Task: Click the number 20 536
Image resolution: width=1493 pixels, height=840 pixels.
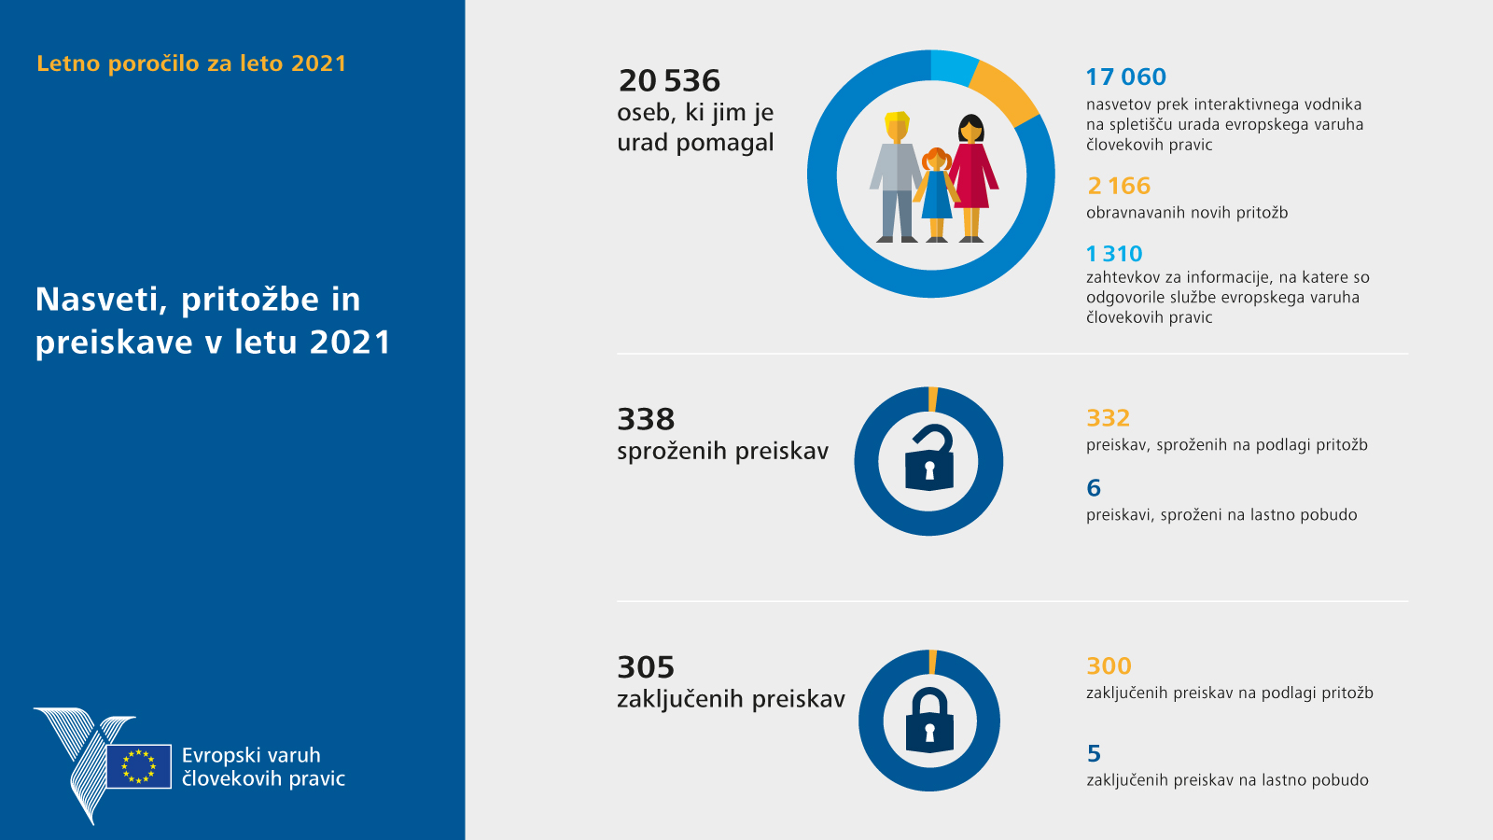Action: pyautogui.click(x=669, y=81)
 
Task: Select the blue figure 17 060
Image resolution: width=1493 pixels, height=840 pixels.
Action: pyautogui.click(x=1125, y=77)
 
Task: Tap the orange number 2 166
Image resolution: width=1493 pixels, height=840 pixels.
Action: pyautogui.click(x=1119, y=187)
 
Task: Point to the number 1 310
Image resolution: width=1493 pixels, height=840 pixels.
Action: pyautogui.click(x=1114, y=254)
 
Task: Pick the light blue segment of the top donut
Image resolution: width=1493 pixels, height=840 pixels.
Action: pyautogui.click(x=954, y=67)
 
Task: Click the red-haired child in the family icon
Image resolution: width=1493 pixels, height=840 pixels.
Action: pyautogui.click(x=937, y=194)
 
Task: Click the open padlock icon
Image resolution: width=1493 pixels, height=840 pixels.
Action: pyautogui.click(x=929, y=458)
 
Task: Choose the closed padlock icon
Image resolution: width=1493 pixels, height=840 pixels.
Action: pyautogui.click(x=929, y=721)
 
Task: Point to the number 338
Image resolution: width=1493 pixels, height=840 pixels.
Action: pyautogui.click(x=646, y=420)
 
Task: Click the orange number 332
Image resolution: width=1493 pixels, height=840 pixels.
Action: pyautogui.click(x=1108, y=418)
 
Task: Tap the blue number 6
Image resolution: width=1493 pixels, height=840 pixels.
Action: pyautogui.click(x=1094, y=488)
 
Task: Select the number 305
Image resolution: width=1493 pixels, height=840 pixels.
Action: pyautogui.click(x=646, y=668)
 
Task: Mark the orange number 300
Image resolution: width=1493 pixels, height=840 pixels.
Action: pyautogui.click(x=1109, y=666)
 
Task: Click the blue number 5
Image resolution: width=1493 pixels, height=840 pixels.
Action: pyautogui.click(x=1094, y=753)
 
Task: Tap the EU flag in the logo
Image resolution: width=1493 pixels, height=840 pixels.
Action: pyautogui.click(x=139, y=766)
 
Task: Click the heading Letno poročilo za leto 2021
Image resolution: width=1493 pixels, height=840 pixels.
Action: pyautogui.click(x=191, y=63)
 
